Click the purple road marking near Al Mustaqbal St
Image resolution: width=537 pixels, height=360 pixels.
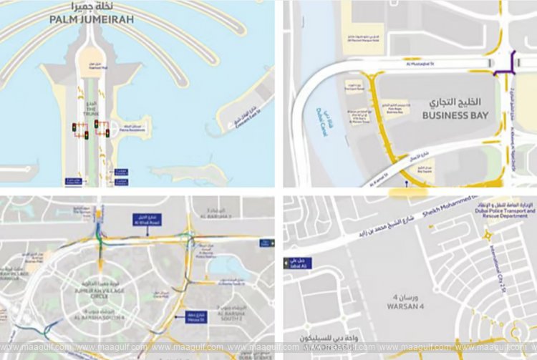(x=510, y=66)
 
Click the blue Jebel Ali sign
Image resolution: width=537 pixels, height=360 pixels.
(x=297, y=263)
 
